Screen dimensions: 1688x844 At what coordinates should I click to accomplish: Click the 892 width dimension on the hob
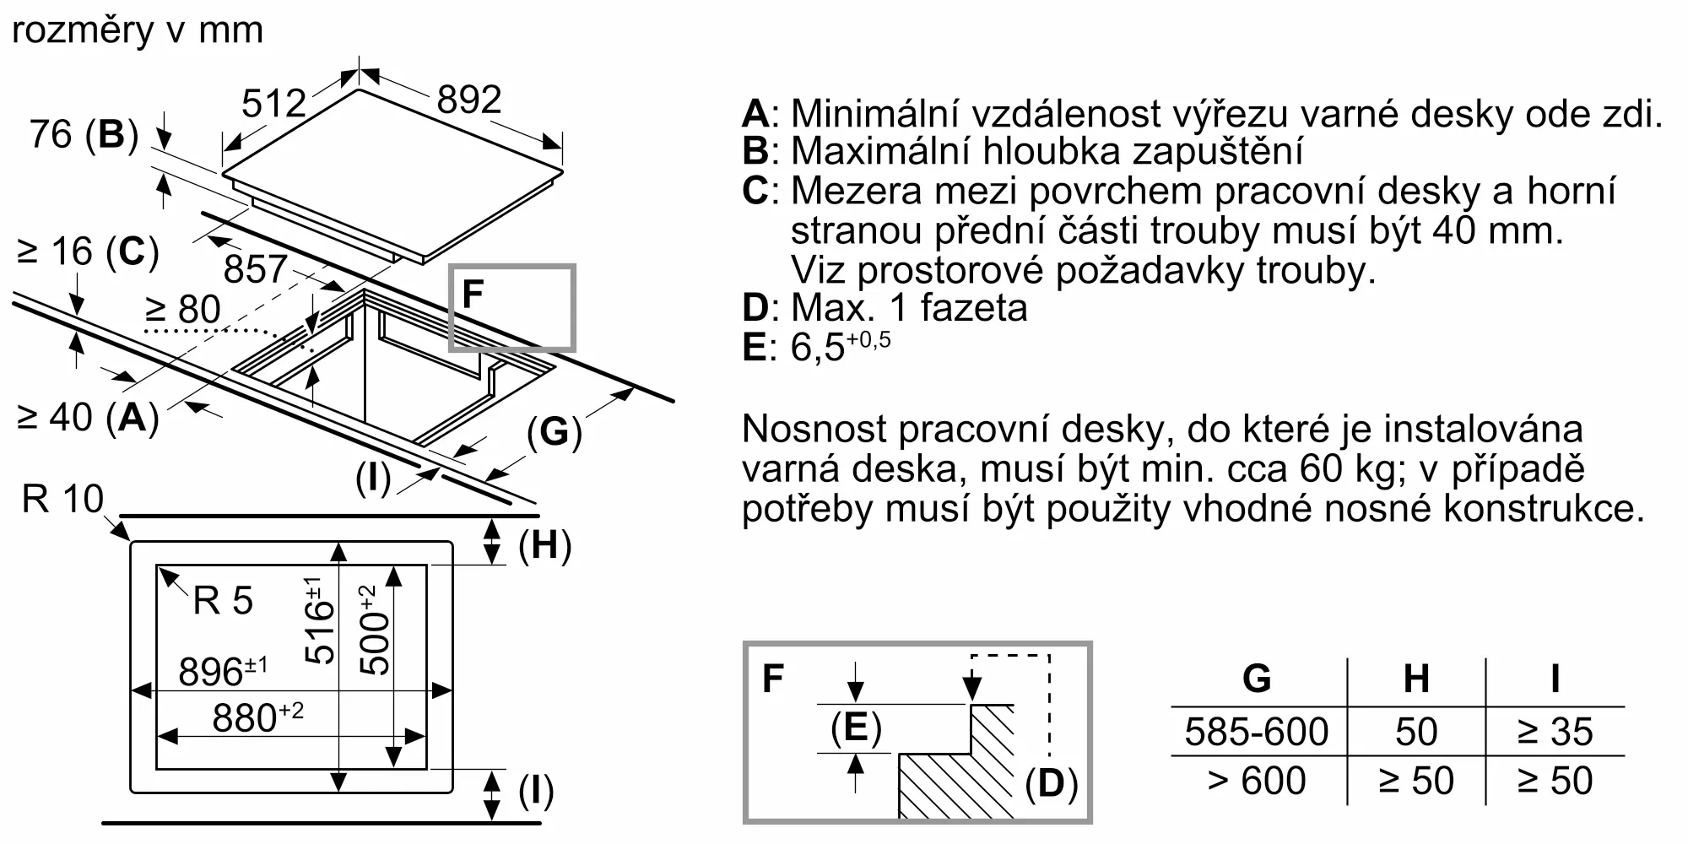point(469,100)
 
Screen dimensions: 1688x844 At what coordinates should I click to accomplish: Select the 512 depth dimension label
point(273,104)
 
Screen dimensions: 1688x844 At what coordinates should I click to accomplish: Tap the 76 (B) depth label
point(84,134)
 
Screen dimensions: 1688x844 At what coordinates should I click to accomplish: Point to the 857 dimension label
point(256,269)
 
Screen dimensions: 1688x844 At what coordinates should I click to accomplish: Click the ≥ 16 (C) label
point(88,252)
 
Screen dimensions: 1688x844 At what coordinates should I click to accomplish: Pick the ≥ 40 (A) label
point(88,417)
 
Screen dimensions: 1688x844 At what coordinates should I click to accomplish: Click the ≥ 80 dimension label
point(183,309)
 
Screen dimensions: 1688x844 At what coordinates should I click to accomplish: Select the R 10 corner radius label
point(62,499)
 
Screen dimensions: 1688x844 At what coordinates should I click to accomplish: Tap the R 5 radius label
point(223,601)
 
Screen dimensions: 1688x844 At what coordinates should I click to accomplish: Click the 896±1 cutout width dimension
point(223,672)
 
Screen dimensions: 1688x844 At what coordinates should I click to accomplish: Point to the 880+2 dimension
point(257,717)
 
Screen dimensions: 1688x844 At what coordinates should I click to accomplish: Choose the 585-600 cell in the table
point(1257,732)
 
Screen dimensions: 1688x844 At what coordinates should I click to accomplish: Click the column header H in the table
point(1416,679)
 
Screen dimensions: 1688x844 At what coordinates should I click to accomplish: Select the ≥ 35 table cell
point(1555,732)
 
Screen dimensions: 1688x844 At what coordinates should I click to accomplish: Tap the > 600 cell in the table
point(1257,781)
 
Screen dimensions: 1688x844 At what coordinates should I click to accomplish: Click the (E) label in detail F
point(856,728)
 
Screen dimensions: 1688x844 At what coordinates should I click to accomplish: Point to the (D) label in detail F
point(1052,783)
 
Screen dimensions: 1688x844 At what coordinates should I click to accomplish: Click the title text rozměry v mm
point(138,30)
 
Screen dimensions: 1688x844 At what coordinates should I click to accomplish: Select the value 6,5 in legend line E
point(817,348)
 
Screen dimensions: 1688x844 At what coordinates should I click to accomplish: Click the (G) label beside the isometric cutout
point(555,432)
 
